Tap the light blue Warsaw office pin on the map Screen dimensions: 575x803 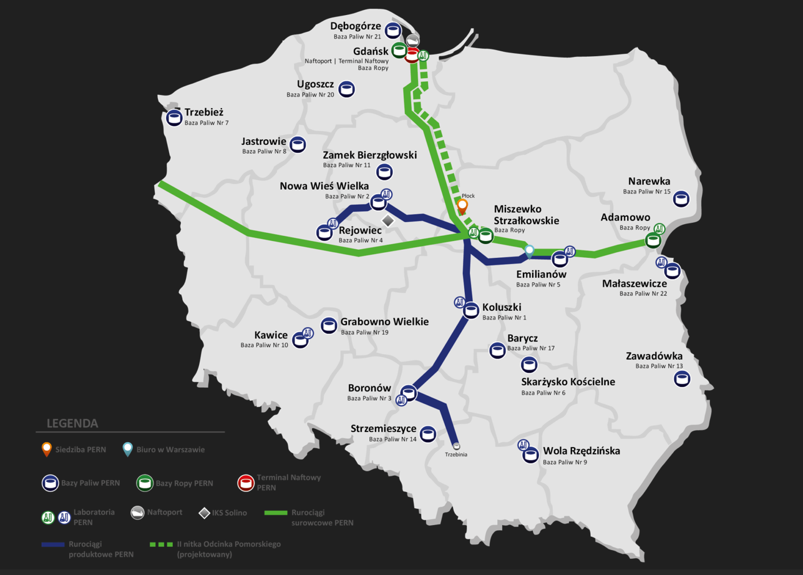point(530,251)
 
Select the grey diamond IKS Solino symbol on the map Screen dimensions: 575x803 point(388,220)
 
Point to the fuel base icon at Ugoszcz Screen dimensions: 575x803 point(347,89)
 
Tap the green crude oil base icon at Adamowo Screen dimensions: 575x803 point(653,239)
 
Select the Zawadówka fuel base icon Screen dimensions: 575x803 point(682,378)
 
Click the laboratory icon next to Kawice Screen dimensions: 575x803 point(308,333)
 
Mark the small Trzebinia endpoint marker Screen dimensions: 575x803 point(457,446)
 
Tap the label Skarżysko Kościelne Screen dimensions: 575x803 point(568,381)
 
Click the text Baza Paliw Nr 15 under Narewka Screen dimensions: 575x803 point(646,192)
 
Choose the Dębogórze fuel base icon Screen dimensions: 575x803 point(392,30)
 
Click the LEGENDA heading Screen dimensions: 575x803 point(72,423)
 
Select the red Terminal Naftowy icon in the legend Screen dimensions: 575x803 point(246,482)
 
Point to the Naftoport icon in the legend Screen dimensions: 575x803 point(137,513)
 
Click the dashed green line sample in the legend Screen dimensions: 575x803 point(161,544)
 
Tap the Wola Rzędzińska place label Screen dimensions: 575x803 point(582,450)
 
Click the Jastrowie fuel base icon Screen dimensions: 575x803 point(298,145)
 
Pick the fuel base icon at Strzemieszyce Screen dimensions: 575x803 point(427,434)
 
